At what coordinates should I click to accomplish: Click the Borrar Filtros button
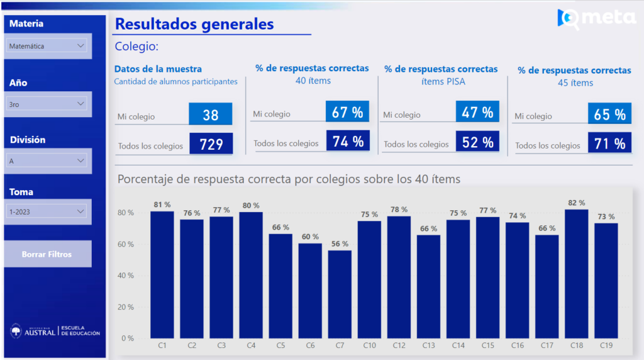(x=47, y=254)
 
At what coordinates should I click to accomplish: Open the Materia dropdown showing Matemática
(x=47, y=46)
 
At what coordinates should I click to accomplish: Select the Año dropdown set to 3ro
(x=47, y=104)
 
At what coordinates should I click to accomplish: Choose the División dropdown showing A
(x=47, y=161)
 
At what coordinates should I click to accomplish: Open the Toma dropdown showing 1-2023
(x=47, y=212)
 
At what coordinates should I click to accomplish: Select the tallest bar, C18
(x=576, y=274)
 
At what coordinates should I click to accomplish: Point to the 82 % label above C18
(x=576, y=203)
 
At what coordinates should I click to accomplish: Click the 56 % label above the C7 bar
(x=340, y=244)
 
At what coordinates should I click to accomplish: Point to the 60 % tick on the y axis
(x=126, y=244)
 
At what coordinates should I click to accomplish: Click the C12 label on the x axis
(x=399, y=346)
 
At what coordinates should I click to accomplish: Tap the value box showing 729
(x=211, y=144)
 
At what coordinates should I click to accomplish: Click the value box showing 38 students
(x=211, y=115)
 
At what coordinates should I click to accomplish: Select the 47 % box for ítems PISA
(x=478, y=112)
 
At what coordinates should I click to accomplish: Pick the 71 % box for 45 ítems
(x=610, y=143)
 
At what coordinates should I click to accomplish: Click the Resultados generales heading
(x=194, y=24)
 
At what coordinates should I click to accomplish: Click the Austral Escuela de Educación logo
(x=55, y=331)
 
